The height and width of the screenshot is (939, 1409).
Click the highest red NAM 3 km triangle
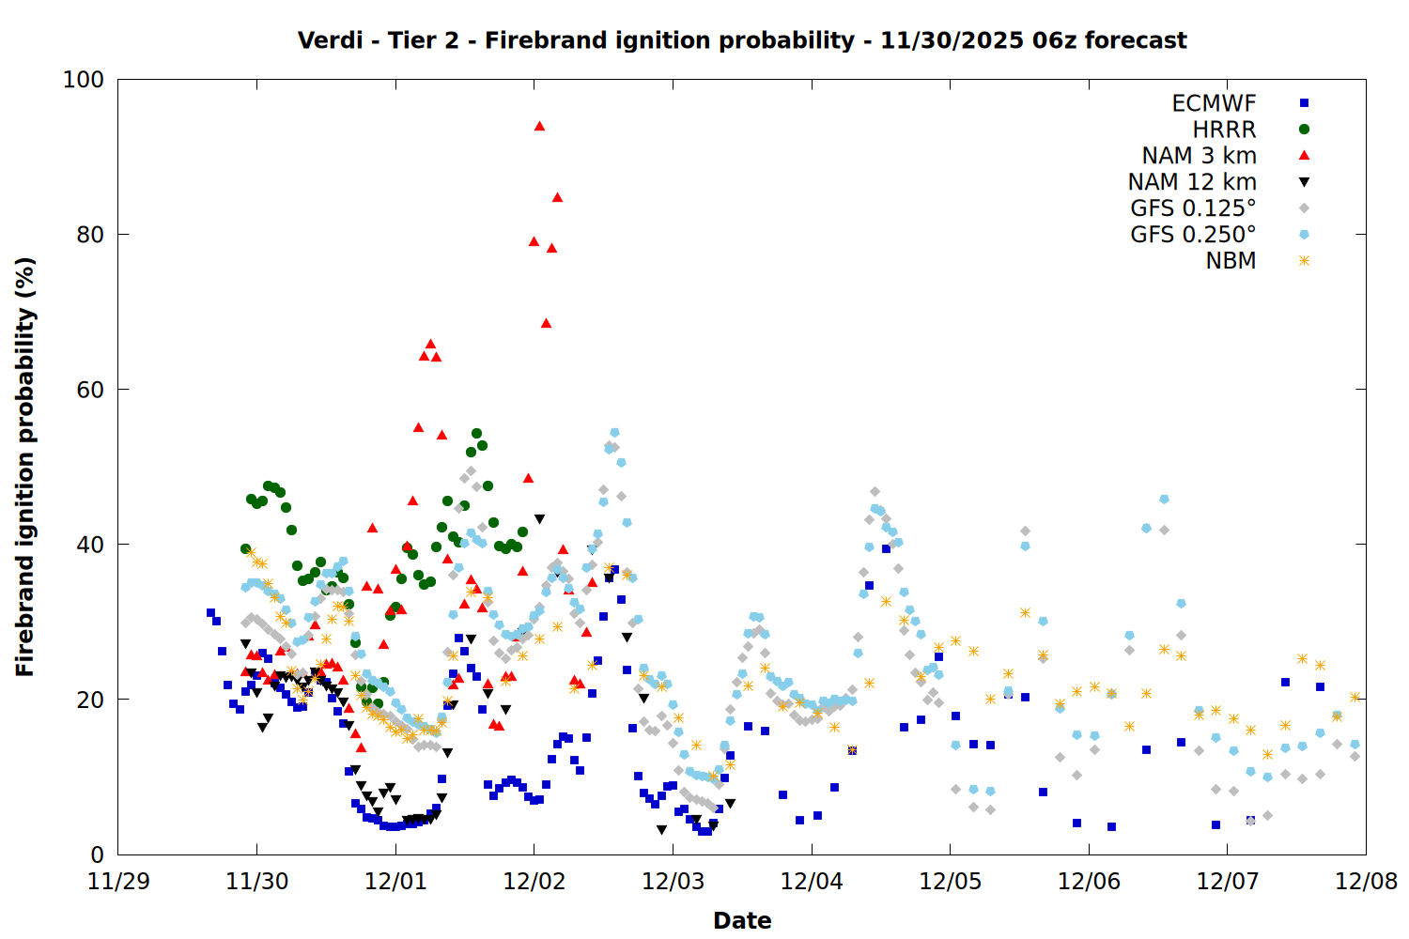click(x=539, y=126)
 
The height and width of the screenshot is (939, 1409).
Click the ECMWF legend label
click(x=1214, y=103)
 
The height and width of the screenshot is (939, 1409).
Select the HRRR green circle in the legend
click(x=1304, y=130)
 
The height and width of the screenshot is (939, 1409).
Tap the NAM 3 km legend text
click(x=1199, y=156)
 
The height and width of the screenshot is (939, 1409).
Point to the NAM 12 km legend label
click(x=1192, y=182)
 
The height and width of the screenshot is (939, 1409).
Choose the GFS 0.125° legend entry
click(x=1193, y=208)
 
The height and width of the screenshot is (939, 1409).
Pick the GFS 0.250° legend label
click(x=1193, y=235)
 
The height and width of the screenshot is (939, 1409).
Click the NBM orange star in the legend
click(x=1304, y=261)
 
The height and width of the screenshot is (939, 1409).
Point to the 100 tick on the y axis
click(x=84, y=80)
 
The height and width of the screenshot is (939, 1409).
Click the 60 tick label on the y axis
click(x=90, y=390)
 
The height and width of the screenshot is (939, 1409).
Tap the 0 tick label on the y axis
click(x=97, y=854)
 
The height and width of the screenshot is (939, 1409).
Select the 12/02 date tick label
click(x=534, y=882)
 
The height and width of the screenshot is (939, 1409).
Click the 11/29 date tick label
click(x=118, y=882)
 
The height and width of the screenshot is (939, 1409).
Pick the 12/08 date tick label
click(x=1366, y=882)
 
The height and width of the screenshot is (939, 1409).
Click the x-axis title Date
click(x=742, y=920)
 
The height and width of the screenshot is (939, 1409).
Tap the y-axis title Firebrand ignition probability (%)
click(x=25, y=467)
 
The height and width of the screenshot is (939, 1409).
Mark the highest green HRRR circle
click(x=476, y=434)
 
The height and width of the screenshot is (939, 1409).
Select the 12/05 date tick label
click(x=950, y=882)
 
